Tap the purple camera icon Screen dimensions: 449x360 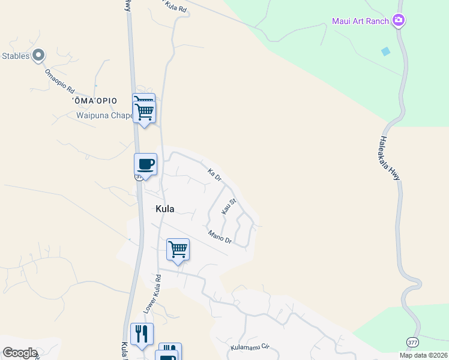tap(399, 21)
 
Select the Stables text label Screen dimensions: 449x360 tap(16, 56)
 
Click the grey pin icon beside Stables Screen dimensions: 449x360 tap(38, 56)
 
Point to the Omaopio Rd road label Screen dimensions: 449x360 tap(59, 83)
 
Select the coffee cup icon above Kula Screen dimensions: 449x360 tap(145, 164)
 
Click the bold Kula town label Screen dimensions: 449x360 tap(164, 209)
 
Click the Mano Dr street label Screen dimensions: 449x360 tap(220, 237)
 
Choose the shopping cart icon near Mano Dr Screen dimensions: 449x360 tap(178, 248)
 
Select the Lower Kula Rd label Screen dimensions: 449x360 tap(152, 293)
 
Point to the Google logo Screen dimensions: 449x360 tap(19, 353)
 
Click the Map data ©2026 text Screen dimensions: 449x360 tap(423, 355)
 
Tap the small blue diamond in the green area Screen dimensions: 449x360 tap(385, 52)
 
